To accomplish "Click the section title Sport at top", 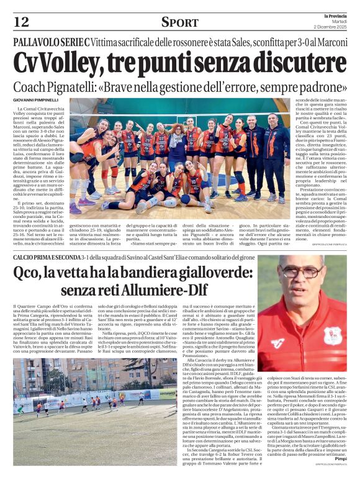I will click(180, 22).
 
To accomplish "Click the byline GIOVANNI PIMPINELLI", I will click(35, 99).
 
